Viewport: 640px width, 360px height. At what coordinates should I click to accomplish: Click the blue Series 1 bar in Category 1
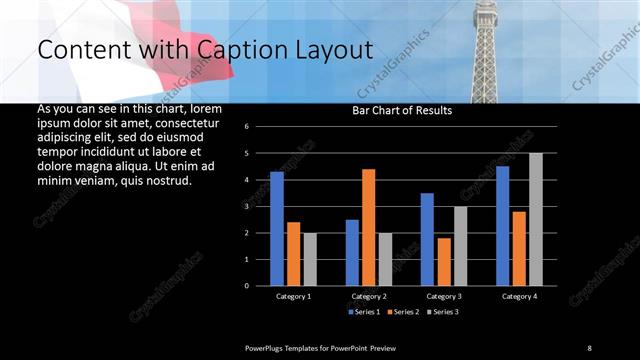click(277, 229)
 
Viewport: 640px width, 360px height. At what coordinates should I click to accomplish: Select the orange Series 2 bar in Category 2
click(369, 227)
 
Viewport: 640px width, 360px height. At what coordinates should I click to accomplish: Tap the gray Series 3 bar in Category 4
click(536, 219)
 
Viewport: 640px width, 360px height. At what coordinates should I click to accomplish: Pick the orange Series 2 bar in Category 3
click(444, 261)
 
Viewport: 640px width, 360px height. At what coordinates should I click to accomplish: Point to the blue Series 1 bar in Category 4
click(502, 226)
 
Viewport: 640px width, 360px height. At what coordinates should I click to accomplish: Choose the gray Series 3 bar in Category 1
click(310, 259)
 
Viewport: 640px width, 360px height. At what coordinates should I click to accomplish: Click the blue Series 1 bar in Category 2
click(352, 252)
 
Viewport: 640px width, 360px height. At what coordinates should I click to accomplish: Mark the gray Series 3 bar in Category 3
click(460, 246)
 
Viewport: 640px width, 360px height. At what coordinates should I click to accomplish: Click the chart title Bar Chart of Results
click(403, 111)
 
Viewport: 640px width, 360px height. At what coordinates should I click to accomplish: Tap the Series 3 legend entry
click(443, 312)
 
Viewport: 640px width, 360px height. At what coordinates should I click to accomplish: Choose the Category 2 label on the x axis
click(369, 297)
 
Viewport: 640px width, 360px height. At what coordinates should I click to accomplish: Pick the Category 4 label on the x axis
click(519, 297)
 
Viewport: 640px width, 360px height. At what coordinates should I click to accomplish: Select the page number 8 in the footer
click(589, 347)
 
